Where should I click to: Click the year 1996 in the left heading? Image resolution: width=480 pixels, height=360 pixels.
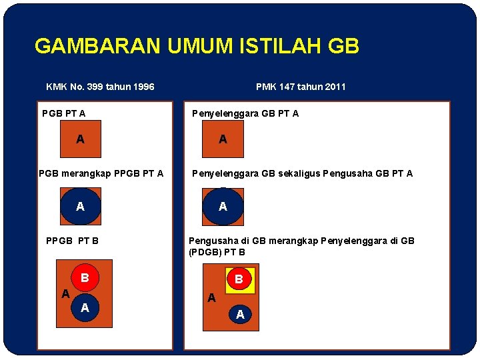pos(142,87)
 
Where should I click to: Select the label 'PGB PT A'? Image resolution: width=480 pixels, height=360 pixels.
pos(63,113)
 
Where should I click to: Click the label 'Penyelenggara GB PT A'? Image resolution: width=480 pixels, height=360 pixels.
pos(245,113)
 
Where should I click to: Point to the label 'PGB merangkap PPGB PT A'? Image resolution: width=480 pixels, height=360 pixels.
pos(101,174)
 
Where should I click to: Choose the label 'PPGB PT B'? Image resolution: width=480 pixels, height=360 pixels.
pos(71,240)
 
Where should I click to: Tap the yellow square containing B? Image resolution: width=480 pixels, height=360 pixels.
pos(238,279)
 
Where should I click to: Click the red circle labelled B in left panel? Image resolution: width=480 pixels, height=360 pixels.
pos(85,277)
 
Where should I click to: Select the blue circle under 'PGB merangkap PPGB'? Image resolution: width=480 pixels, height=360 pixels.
pos(81,207)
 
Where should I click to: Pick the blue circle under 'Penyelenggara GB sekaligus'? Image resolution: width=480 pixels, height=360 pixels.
pos(223,207)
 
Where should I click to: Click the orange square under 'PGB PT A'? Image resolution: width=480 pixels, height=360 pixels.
pos(81,139)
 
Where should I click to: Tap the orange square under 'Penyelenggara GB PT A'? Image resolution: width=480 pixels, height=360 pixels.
pos(223,139)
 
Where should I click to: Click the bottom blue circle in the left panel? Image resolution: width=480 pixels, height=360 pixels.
pos(85,308)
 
